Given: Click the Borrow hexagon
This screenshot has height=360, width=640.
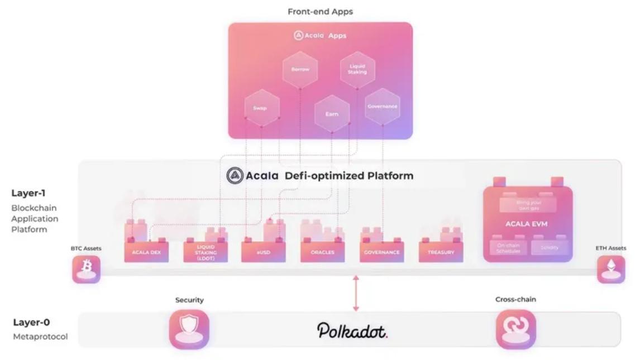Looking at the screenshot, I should pos(300,70).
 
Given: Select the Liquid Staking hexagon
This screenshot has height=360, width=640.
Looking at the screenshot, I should pos(357,69).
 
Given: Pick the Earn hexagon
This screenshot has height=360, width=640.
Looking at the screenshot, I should pos(332,114).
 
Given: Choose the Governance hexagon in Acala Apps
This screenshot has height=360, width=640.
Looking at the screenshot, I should pos(383,107).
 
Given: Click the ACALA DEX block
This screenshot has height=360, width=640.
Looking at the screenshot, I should pos(146,252).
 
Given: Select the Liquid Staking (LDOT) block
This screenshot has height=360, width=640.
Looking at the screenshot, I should pos(206,252).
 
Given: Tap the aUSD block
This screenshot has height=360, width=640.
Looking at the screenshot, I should pos(263,252).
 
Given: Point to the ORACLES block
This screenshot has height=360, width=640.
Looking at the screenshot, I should pos(322,252).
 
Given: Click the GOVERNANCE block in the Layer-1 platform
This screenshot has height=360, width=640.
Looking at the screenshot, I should pos(381,252).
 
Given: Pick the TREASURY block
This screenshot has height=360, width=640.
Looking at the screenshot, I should pos(441,252).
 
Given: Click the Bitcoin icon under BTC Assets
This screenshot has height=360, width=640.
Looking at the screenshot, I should pos(87,268).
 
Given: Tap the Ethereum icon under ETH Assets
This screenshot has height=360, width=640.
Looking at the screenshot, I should pos(611,268).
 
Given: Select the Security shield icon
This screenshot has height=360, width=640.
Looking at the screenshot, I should pos(189,329).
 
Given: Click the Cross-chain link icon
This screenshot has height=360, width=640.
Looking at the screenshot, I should pos(515,329).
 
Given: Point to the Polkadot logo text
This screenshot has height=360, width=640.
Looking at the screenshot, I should pos(352,330).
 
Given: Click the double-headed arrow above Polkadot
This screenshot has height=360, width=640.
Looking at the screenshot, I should pos(356,292).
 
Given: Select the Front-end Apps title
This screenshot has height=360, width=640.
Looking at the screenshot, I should pos(320,11).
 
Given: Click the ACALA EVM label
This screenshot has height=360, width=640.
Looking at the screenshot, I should pos(527,224).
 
